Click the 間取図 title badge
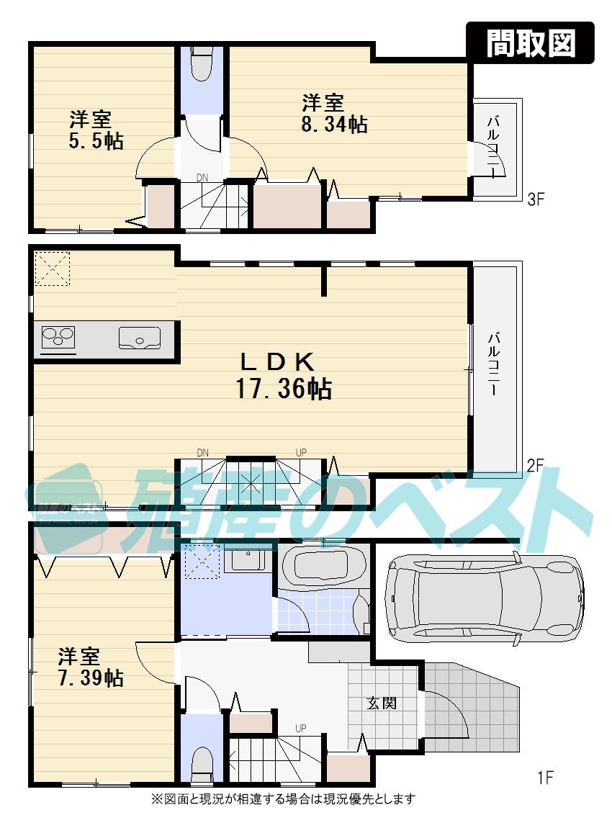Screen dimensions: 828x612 coord(531,43)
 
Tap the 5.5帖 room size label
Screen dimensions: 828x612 coord(96,140)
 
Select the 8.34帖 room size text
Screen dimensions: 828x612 coord(334,125)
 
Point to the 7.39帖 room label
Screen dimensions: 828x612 coord(90,678)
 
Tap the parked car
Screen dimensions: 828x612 coord(484,597)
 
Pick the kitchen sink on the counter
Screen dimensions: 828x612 coord(140,336)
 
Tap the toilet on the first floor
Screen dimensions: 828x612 coord(202,762)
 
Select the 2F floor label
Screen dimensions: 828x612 coord(534,465)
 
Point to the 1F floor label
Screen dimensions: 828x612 coord(545,778)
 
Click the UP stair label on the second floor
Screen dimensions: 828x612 coord(301,452)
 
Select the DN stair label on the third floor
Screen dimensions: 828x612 coord(204,177)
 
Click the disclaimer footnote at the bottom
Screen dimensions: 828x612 coord(284,798)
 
